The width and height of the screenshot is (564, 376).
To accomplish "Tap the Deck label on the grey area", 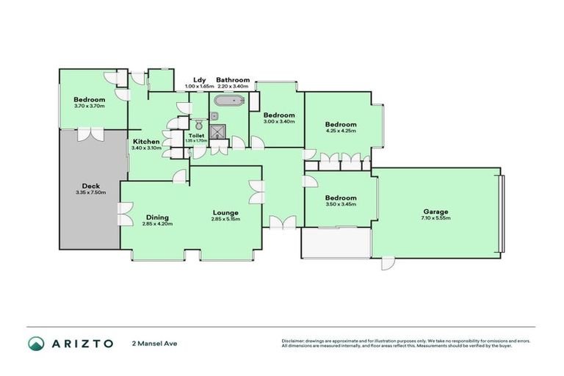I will coord(90,187).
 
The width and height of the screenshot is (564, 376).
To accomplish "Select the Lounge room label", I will coord(226,212).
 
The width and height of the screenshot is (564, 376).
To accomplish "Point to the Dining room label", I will coord(157,217).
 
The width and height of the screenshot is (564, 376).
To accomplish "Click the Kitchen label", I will coord(146,142).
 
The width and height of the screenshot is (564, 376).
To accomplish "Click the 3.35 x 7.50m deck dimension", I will coord(90,193).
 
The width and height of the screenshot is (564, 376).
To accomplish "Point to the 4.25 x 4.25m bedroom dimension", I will coord(341,131).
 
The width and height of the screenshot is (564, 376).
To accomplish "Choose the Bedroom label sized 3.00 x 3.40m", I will coord(279,115).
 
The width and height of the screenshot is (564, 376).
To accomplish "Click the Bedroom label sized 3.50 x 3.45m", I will coord(341,198).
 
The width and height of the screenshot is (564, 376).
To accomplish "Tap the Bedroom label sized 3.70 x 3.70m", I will coord(90,100).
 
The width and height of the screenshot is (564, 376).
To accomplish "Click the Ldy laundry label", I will coord(198,80).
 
